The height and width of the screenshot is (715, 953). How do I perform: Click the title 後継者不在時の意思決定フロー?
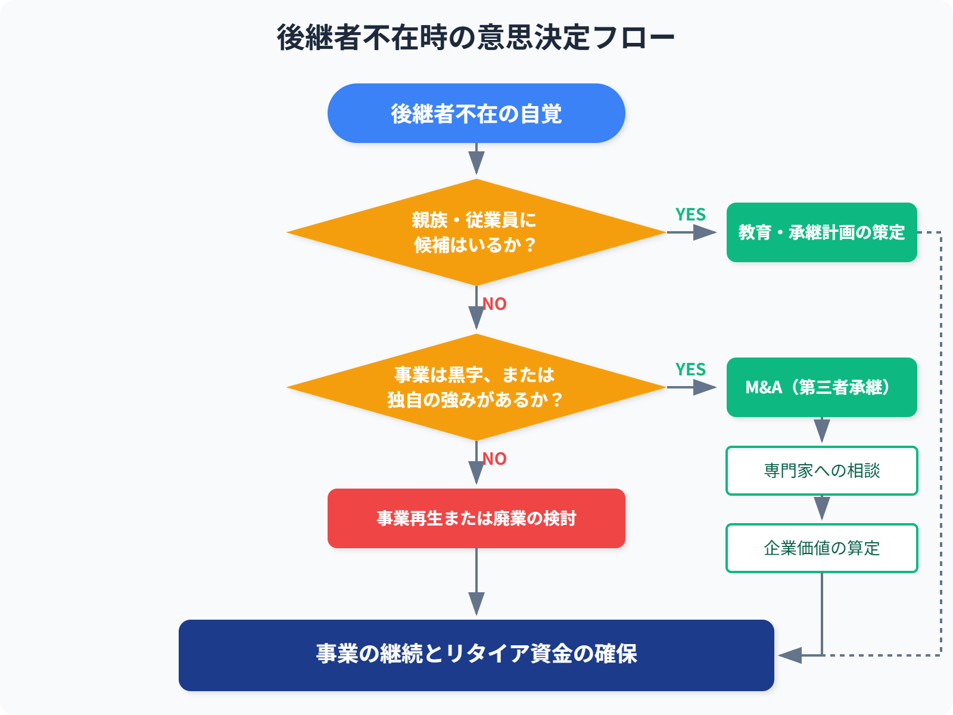475,38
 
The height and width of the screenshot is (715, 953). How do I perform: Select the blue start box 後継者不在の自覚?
476,113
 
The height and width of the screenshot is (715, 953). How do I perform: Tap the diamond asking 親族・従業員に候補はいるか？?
476,232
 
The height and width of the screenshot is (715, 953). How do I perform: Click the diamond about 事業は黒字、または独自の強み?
476,387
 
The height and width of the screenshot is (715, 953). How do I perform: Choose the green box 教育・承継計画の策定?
821,232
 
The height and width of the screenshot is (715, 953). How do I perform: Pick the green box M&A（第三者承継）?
821,387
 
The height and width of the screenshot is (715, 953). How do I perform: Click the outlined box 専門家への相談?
821,471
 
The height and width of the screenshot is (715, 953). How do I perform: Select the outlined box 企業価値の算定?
821,548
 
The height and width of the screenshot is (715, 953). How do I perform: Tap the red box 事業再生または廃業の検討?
476,518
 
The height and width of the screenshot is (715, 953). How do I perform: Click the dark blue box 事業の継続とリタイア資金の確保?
476,655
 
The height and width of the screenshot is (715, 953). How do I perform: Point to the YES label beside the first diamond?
690,214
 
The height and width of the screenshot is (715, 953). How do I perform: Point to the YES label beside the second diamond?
690,369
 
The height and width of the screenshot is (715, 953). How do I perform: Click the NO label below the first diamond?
494,304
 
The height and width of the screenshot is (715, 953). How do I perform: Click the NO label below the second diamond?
494,459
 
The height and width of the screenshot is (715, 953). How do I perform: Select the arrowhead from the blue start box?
476,162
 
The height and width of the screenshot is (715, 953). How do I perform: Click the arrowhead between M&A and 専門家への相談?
822,430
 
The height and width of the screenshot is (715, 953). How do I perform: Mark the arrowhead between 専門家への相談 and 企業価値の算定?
822,508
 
